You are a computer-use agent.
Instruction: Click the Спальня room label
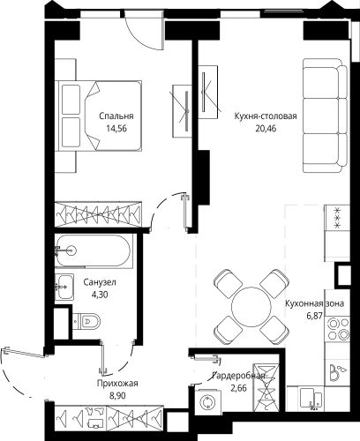pos(116,116)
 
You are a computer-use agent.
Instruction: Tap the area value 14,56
pos(116,129)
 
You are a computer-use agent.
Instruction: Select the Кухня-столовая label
pos(266,116)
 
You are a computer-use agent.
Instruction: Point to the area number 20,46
pos(266,129)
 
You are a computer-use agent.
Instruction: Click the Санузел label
pos(100,282)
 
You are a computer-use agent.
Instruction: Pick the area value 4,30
pos(100,295)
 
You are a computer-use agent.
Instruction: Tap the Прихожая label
pos(117,384)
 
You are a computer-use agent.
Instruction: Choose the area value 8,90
pos(117,396)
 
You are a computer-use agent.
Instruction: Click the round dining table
pos(251,307)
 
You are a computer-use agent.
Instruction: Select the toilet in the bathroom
pos(86,320)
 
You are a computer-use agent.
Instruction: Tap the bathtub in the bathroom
pos(94,250)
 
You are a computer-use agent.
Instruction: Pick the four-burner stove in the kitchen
pos(338,329)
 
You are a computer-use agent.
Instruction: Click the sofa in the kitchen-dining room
pos(326,116)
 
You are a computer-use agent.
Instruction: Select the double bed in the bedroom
pos(101,116)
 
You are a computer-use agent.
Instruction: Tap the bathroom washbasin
pos(64,287)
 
